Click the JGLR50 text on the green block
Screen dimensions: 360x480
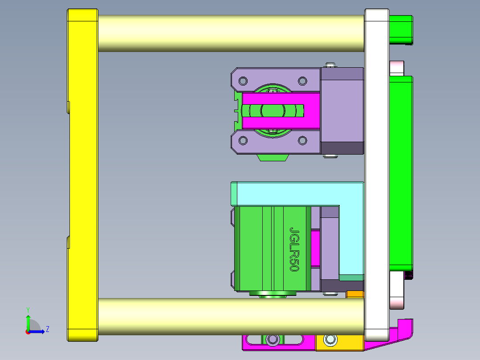point(294,250)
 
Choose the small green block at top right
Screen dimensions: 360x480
point(401,29)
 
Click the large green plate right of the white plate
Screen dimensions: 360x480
point(401,174)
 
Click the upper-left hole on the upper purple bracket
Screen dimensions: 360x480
point(243,81)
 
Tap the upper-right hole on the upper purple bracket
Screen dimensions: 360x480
point(302,81)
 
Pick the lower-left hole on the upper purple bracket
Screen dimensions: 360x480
point(243,141)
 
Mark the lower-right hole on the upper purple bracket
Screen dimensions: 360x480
point(302,141)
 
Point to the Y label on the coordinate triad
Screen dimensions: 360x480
point(28,310)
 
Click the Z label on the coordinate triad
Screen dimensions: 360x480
point(47,329)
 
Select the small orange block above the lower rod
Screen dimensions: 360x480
point(355,294)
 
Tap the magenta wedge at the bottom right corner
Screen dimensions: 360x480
point(401,332)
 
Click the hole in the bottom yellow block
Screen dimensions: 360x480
point(330,340)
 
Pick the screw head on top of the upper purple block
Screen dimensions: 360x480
point(330,65)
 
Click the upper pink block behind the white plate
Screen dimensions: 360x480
point(396,68)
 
